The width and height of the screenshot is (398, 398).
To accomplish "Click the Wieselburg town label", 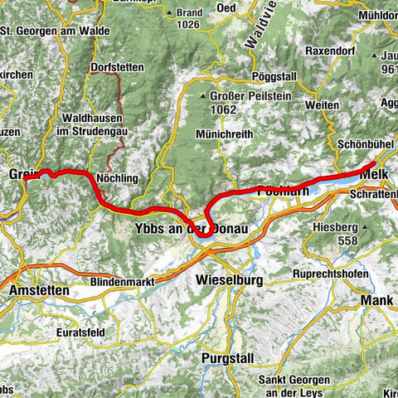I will pos(230,281).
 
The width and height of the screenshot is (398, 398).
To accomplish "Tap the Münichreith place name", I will pos(222,133).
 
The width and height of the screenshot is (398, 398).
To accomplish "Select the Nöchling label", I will pos(118,178).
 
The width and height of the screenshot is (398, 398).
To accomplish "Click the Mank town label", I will pos(377,300).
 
